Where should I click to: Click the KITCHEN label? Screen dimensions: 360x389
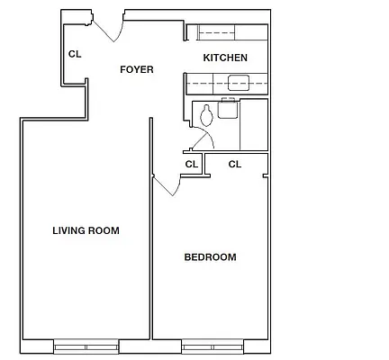pyautogui.click(x=225, y=58)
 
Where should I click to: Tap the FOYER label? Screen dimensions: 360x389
pyautogui.click(x=137, y=69)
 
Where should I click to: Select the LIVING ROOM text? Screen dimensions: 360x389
pyautogui.click(x=86, y=230)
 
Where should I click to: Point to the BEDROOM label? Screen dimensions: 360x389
pyautogui.click(x=210, y=257)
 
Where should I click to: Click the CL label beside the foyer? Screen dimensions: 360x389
pyautogui.click(x=75, y=54)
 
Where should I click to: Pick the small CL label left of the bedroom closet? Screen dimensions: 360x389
pyautogui.click(x=191, y=164)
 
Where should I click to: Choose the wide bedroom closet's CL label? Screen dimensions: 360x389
pyautogui.click(x=234, y=164)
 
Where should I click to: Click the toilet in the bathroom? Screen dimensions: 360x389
pyautogui.click(x=207, y=115)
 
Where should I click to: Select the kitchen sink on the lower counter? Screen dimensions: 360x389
pyautogui.click(x=240, y=85)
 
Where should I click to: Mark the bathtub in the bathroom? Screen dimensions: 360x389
pyautogui.click(x=254, y=124)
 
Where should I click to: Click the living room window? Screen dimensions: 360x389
pyautogui.click(x=86, y=345)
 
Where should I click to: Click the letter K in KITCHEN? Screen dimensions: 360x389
pyautogui.click(x=206, y=58)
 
